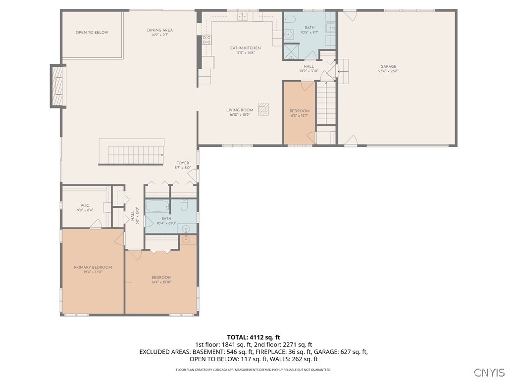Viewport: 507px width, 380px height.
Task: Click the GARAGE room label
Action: click(x=388, y=66)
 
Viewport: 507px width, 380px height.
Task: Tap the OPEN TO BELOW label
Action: click(x=92, y=33)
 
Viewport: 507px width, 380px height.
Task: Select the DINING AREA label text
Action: click(x=160, y=30)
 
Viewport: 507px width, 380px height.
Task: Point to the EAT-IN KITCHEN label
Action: click(x=245, y=48)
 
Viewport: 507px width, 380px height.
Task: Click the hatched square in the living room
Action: click(x=265, y=109)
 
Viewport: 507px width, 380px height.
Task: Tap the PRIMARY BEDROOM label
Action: click(x=93, y=267)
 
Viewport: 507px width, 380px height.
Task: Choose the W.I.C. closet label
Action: click(x=84, y=205)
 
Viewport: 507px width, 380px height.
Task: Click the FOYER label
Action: click(x=182, y=163)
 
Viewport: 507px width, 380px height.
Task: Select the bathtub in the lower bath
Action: click(x=157, y=207)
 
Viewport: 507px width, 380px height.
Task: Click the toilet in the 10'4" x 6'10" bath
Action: click(x=184, y=206)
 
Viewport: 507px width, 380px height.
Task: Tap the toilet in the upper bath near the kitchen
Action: click(x=291, y=20)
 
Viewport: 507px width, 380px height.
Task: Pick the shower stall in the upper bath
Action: click(x=292, y=51)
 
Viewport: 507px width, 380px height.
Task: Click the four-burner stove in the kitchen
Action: click(x=206, y=40)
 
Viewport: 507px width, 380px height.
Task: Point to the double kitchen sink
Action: click(x=242, y=17)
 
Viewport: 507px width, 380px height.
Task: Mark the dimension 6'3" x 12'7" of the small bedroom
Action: click(x=300, y=116)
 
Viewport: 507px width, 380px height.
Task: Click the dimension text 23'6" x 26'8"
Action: click(x=388, y=71)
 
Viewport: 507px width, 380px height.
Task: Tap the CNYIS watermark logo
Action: click(x=489, y=372)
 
